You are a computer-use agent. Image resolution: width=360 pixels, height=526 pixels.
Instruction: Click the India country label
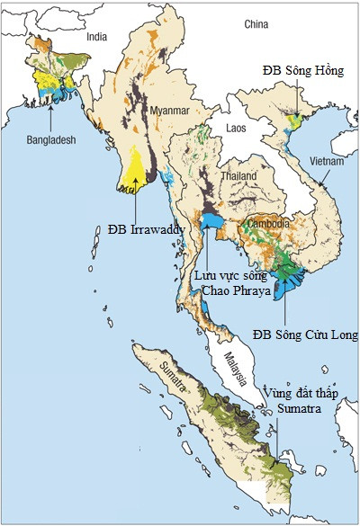[97, 37]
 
